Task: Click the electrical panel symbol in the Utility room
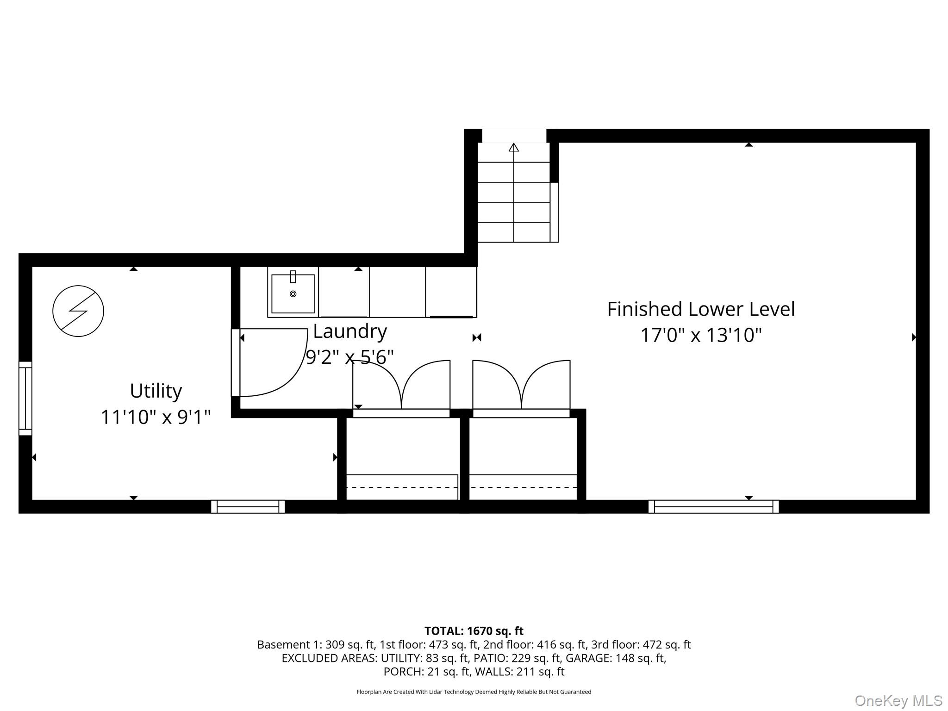[x=78, y=311]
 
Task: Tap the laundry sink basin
[x=293, y=294]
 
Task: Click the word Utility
[x=156, y=391]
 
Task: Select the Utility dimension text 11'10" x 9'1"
[x=156, y=417]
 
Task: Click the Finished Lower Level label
[x=701, y=309]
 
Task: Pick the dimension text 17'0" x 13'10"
[x=701, y=335]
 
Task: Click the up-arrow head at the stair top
[x=514, y=147]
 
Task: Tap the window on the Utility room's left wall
[x=25, y=399]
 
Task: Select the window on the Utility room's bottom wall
[x=248, y=507]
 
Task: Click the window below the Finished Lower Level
[x=714, y=507]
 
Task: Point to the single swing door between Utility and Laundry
[x=270, y=362]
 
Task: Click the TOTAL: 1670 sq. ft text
[x=474, y=631]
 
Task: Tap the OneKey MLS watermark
[x=898, y=701]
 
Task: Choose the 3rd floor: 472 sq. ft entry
[x=641, y=644]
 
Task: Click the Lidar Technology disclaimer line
[x=474, y=692]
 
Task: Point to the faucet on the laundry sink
[x=293, y=277]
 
